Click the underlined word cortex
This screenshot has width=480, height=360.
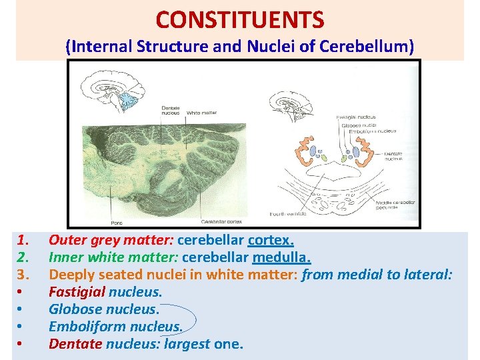tap(271, 239)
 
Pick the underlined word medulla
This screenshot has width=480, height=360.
tap(281, 257)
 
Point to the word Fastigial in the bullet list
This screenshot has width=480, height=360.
tap(77, 291)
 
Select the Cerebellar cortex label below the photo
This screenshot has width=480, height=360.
tap(222, 221)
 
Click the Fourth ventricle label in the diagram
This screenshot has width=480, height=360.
tap(288, 214)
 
